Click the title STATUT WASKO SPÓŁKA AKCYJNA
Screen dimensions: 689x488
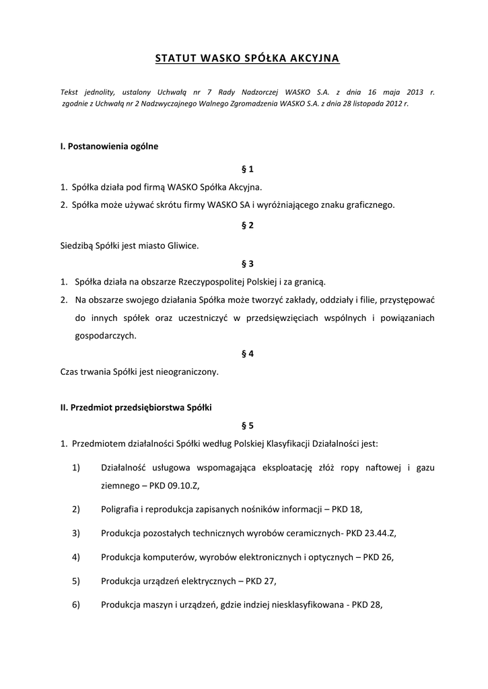coord(247,59)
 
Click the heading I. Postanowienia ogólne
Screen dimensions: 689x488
coord(109,146)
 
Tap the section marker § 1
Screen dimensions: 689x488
coord(247,168)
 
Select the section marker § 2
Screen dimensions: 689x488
coord(247,225)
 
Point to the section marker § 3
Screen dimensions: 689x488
coord(247,264)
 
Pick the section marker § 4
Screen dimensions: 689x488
coord(247,353)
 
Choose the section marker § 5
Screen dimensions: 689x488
coord(247,425)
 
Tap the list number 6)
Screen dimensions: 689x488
coord(76,604)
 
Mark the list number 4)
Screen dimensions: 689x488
coord(76,556)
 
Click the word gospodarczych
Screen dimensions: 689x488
coord(105,335)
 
